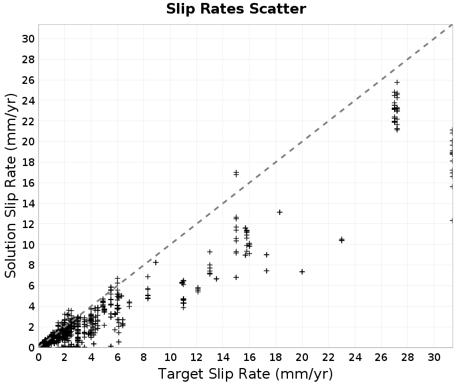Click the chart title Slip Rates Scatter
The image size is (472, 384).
[x=236, y=9]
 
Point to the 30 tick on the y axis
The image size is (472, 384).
[x=28, y=39]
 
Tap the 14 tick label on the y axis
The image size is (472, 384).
[x=28, y=204]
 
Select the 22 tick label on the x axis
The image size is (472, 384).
[x=329, y=357]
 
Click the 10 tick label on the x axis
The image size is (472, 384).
[x=170, y=357]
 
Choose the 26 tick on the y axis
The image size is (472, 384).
[x=28, y=80]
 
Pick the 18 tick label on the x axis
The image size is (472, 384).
[x=276, y=357]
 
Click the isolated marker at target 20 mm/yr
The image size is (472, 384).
[x=302, y=272]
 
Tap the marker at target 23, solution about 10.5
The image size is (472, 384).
[x=342, y=240]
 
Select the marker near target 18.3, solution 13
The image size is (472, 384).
[x=280, y=212]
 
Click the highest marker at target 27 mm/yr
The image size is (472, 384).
[x=397, y=82]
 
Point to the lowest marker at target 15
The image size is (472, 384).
[x=237, y=277]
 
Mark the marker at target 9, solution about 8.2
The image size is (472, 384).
[x=156, y=262]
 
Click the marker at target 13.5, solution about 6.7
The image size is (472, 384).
[x=217, y=279]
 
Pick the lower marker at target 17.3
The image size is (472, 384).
[x=267, y=271]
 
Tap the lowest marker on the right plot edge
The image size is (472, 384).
[x=451, y=220]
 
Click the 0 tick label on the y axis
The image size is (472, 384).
[x=31, y=348]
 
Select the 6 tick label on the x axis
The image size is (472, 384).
[x=117, y=357]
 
